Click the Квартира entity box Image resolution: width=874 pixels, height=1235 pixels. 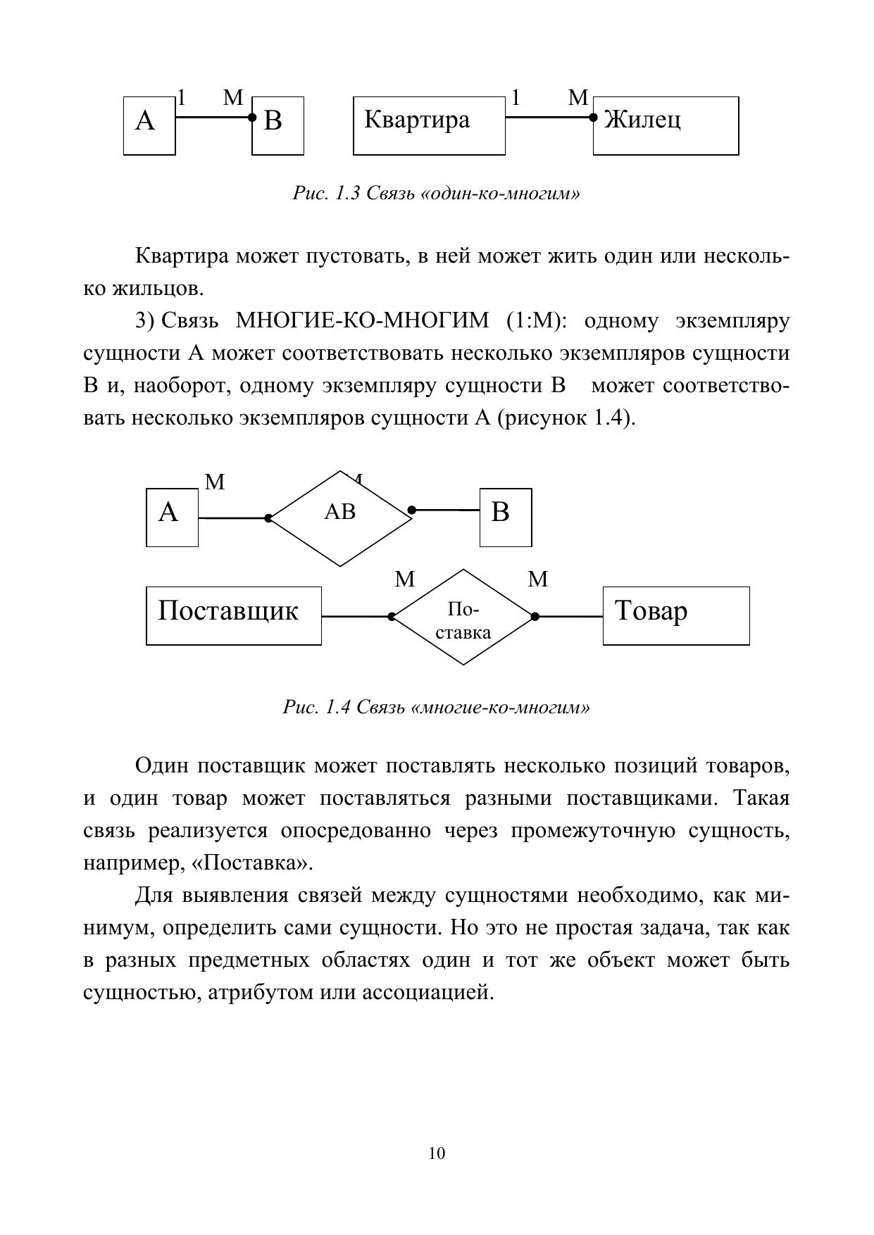428,125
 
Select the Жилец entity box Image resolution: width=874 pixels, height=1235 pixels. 666,125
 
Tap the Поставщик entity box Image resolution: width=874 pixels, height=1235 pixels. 233,615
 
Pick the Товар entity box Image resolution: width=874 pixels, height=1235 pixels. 675,615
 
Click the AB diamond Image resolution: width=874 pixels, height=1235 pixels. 340,518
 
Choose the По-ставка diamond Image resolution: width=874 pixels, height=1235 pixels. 463,617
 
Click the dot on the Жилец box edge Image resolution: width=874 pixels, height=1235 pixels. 594,118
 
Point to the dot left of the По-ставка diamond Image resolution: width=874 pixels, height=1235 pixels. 392,617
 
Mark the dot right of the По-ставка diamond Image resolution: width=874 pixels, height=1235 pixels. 535,617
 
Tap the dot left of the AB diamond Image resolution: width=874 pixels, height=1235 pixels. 268,518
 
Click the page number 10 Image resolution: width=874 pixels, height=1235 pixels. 436,1153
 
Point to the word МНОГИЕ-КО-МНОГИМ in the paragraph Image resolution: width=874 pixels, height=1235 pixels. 361,321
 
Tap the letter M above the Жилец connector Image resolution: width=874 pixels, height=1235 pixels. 578,98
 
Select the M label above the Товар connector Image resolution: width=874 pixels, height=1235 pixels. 537,579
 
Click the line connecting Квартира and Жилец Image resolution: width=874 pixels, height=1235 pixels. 549,117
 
